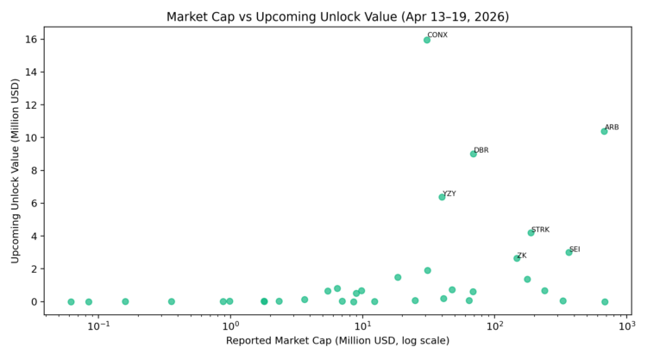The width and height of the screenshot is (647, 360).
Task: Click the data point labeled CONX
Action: point(427,40)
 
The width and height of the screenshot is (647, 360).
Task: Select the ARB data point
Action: point(604,131)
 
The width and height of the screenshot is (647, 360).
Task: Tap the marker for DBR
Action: point(474,154)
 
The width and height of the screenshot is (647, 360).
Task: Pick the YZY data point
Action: point(443,197)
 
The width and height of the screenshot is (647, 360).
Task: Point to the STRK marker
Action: point(531,232)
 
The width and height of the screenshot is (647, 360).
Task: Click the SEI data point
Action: point(568,252)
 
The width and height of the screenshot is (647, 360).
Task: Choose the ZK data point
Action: point(517,258)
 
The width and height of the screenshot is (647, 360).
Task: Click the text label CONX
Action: point(437,35)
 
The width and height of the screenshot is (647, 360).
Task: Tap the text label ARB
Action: point(612,127)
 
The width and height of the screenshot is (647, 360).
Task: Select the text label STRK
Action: point(540,230)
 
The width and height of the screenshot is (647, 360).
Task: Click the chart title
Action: point(337,16)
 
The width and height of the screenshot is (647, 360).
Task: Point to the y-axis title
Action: point(16,171)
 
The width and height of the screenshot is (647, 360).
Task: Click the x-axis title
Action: point(337,342)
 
